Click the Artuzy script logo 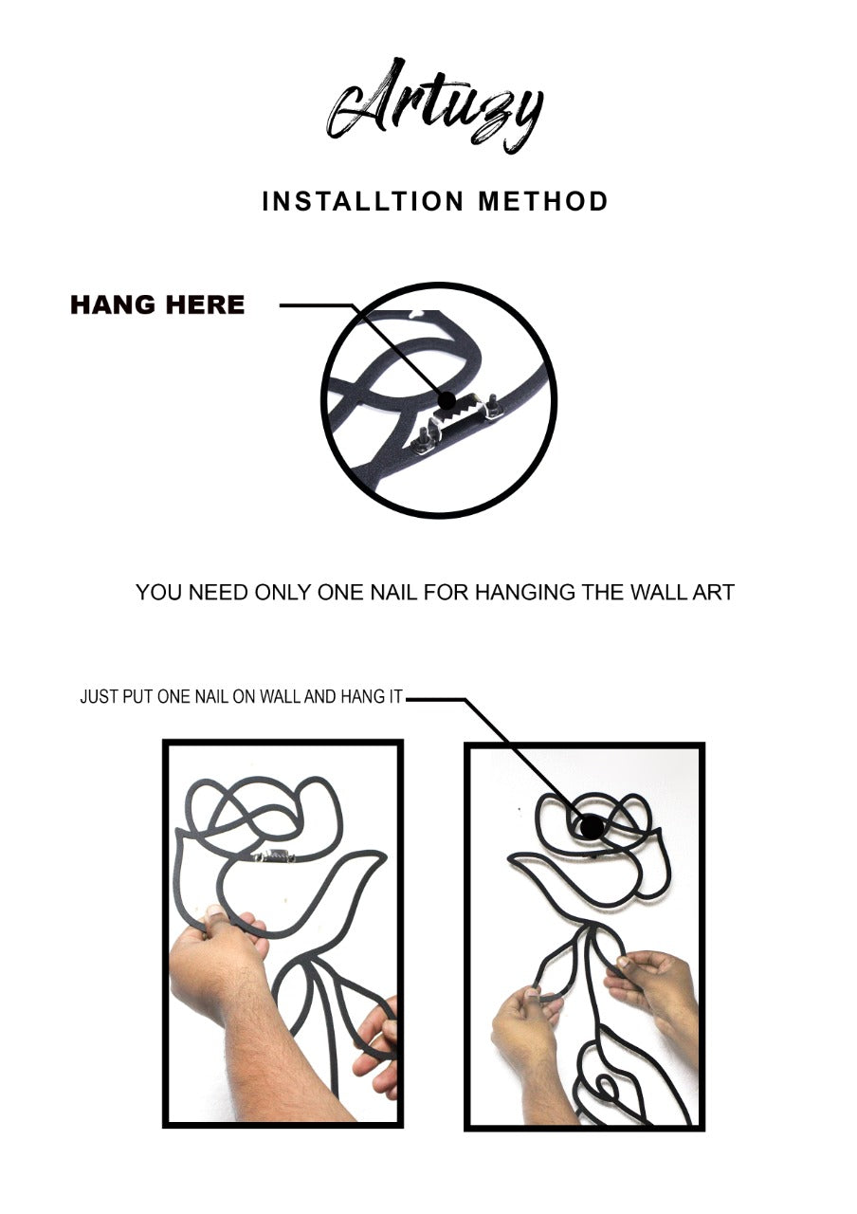click(434, 106)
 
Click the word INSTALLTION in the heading click(363, 201)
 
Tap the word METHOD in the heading click(543, 201)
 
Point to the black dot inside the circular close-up click(447, 400)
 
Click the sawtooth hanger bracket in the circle click(455, 416)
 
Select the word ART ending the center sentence click(714, 593)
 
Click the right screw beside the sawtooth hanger click(492, 407)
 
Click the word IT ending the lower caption click(395, 696)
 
